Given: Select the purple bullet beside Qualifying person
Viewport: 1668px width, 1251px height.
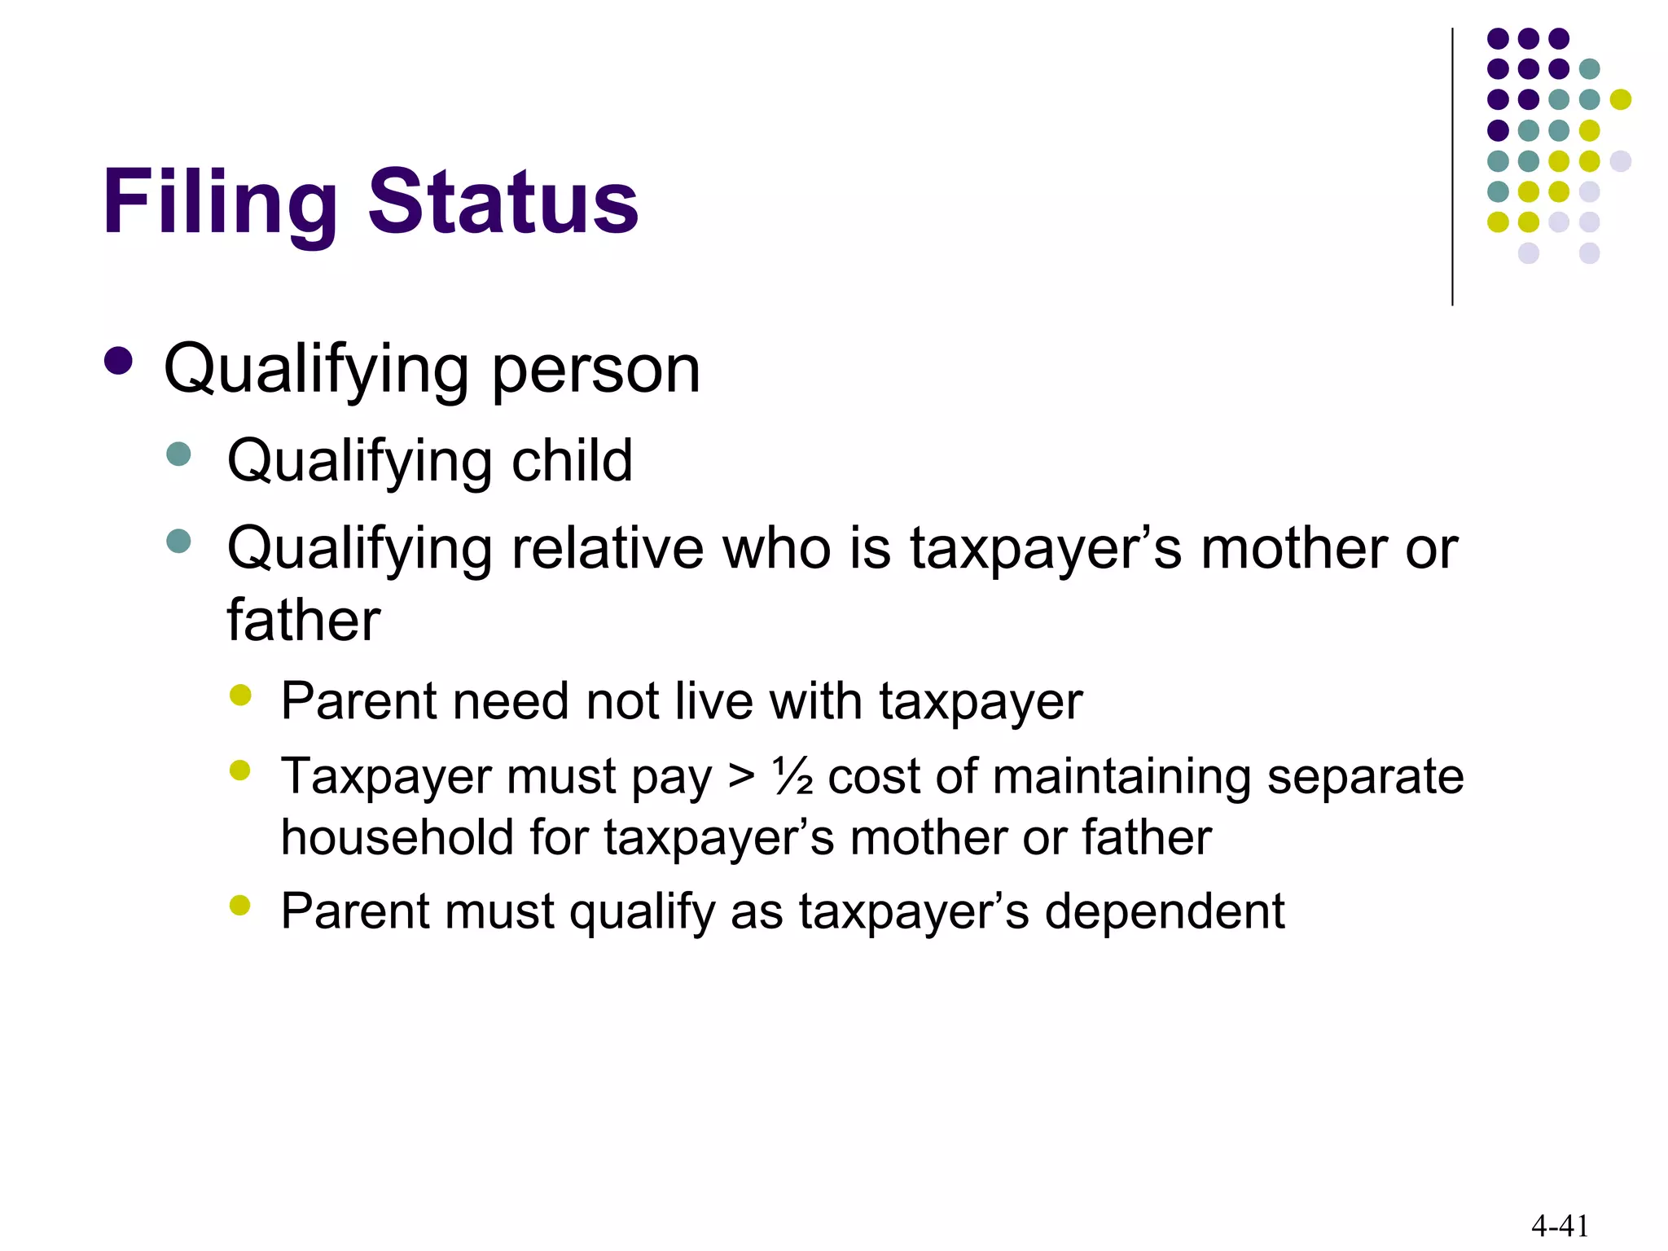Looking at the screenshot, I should [x=119, y=362].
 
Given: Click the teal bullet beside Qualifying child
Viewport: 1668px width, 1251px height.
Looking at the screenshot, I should [x=178, y=454].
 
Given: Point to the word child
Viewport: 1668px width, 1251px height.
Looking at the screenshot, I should [x=572, y=460].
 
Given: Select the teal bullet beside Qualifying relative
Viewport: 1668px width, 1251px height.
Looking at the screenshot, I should [x=178, y=541].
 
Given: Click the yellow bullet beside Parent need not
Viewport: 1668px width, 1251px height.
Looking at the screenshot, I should [x=240, y=695].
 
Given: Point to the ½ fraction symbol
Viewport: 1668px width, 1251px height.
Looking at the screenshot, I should [x=792, y=776].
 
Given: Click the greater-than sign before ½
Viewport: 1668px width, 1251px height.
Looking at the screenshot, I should [x=741, y=776].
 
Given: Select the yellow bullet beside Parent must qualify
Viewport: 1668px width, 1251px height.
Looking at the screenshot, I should [x=240, y=905].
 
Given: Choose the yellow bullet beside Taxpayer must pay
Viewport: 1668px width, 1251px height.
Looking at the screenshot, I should [x=240, y=770].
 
